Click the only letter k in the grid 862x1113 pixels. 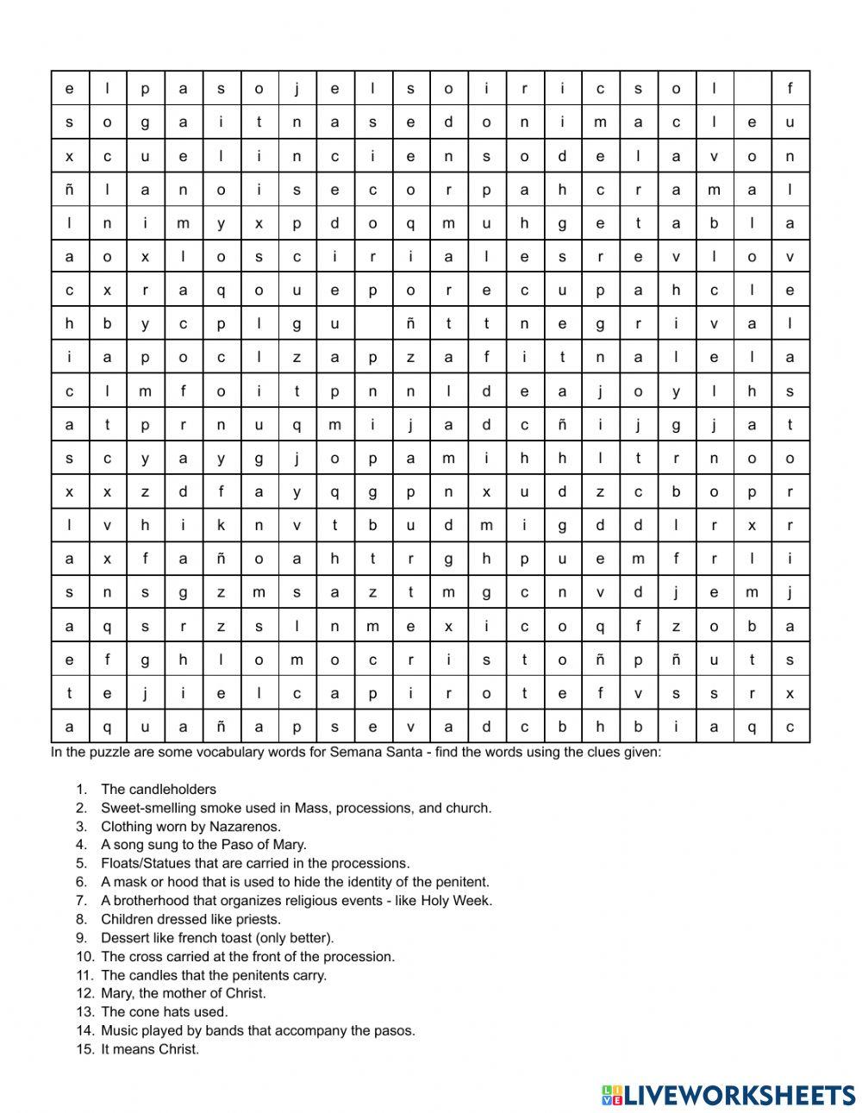point(221,525)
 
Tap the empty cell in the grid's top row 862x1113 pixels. point(752,88)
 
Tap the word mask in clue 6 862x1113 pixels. point(128,882)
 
